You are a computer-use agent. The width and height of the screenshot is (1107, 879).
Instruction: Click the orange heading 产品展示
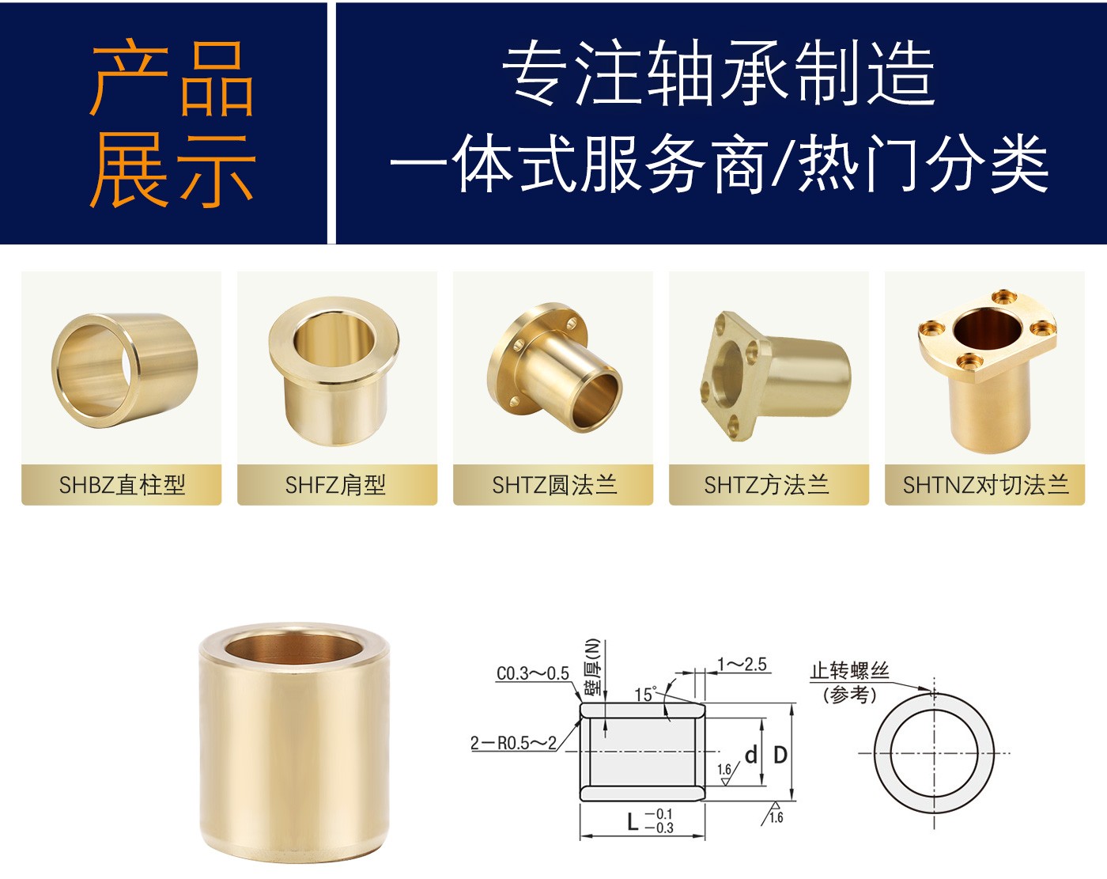tap(172, 123)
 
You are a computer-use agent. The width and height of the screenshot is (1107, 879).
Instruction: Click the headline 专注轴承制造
tap(718, 73)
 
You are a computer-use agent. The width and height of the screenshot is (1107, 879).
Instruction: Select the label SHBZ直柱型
tap(122, 485)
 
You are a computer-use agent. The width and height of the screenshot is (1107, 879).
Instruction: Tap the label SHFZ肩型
tap(335, 485)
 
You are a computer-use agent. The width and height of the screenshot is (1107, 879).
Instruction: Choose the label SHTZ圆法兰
tap(554, 485)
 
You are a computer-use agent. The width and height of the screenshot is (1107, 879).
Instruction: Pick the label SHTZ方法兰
tap(766, 485)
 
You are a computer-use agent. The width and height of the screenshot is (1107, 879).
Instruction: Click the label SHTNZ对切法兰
tap(985, 485)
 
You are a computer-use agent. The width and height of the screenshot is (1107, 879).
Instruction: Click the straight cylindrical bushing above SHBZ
tap(124, 370)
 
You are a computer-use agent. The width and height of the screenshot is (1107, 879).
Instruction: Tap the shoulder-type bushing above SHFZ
tap(334, 371)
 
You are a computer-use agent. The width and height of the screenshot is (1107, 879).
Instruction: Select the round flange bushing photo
tap(554, 367)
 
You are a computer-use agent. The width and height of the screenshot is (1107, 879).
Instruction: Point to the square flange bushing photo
tap(775, 375)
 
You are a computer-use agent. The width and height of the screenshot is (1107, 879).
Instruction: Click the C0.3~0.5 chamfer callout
tap(532, 673)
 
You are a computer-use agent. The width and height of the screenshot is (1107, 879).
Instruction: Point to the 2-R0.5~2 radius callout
tap(513, 743)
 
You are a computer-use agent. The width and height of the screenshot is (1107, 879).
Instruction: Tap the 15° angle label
tap(645, 694)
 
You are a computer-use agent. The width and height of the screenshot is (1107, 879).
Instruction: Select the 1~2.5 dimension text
tap(742, 665)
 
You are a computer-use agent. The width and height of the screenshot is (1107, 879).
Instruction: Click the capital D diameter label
tap(780, 756)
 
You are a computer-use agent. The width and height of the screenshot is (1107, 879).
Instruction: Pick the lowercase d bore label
tap(751, 755)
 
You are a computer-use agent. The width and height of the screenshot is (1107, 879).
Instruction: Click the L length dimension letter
tap(633, 821)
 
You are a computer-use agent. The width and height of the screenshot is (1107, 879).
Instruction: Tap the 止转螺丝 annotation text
tap(849, 671)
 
